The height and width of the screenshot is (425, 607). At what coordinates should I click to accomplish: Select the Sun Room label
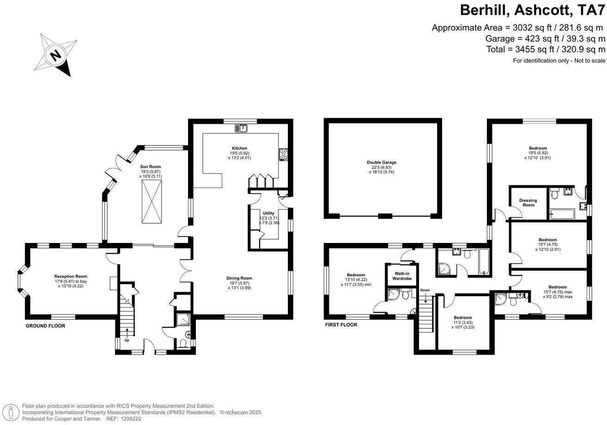(x=151, y=167)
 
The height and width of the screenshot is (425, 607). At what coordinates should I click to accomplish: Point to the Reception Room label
(x=71, y=277)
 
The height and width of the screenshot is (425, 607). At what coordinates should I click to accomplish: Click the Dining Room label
(x=239, y=278)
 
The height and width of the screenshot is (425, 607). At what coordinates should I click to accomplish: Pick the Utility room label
(x=268, y=213)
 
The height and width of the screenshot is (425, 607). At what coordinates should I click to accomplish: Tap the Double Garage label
(x=382, y=163)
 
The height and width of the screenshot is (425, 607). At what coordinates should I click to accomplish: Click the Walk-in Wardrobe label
(x=401, y=276)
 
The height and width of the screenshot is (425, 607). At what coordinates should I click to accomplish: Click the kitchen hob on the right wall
(x=283, y=155)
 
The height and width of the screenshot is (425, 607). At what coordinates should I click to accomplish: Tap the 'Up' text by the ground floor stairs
(x=127, y=340)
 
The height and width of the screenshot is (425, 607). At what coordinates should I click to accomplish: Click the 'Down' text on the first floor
(x=425, y=290)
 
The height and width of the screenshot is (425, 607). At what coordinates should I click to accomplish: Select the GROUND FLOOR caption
(x=45, y=326)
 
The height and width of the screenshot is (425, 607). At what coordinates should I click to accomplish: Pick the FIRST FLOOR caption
(x=341, y=325)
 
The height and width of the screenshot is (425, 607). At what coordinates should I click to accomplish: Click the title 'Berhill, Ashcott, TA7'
(x=532, y=10)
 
